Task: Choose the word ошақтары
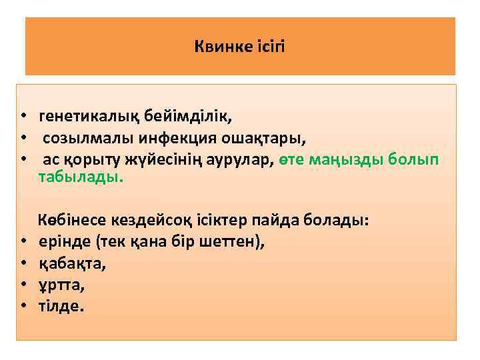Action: [x=261, y=139]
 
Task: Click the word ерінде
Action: [x=65, y=241]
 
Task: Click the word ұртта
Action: [x=61, y=285]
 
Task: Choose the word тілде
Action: [x=61, y=306]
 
